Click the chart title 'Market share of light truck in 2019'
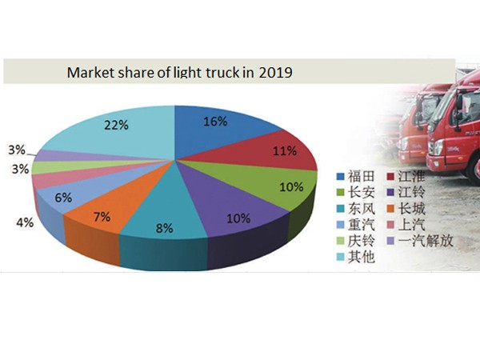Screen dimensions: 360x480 pyautogui.click(x=179, y=72)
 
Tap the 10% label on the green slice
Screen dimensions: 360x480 pyautogui.click(x=290, y=187)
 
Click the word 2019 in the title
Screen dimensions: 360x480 pyautogui.click(x=274, y=72)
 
